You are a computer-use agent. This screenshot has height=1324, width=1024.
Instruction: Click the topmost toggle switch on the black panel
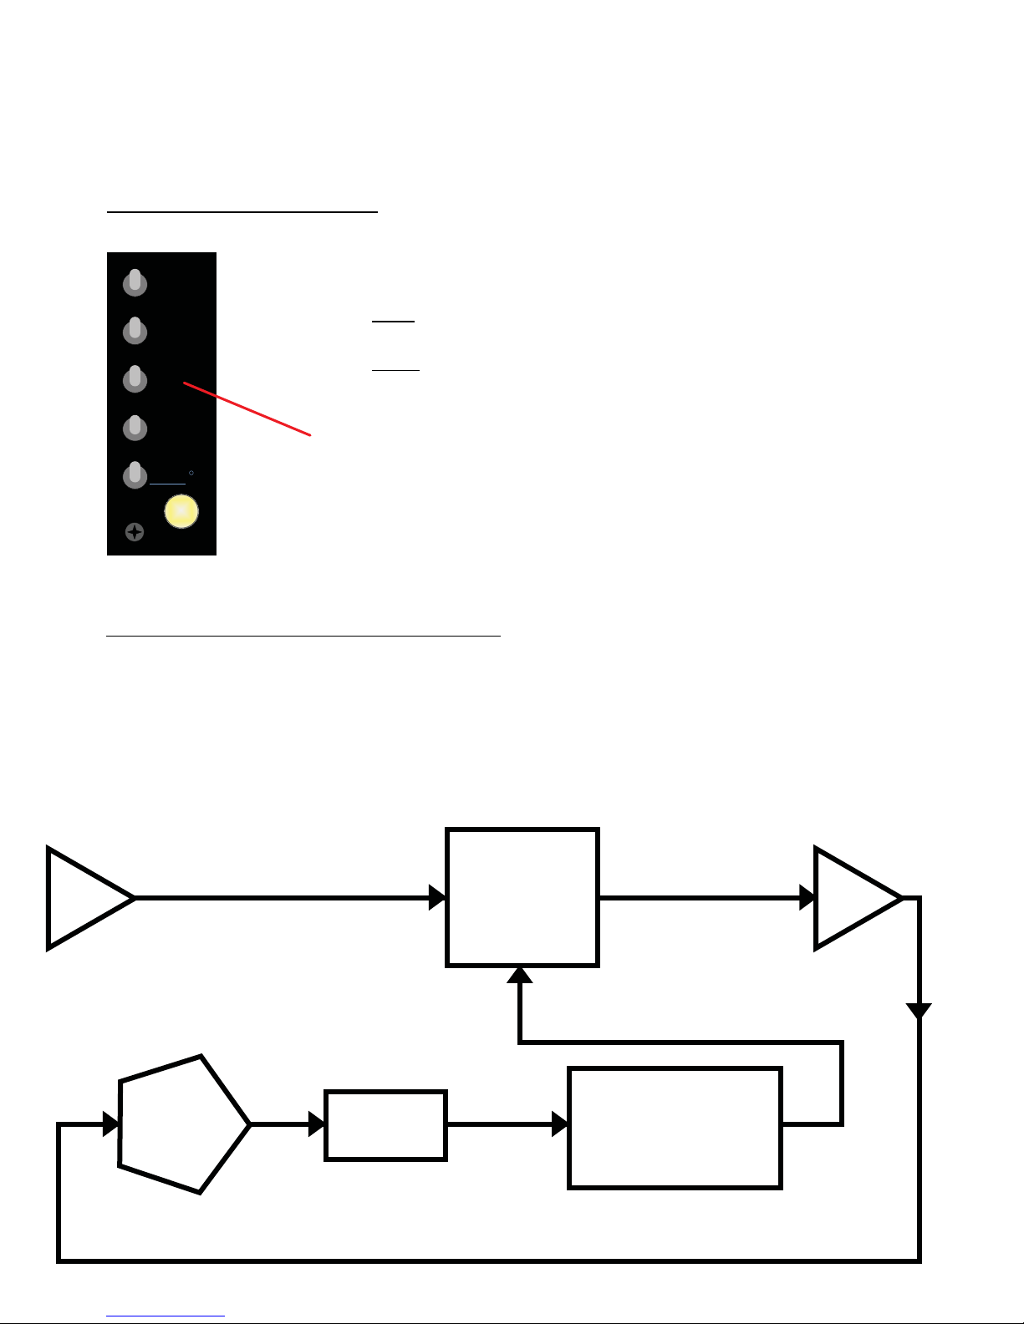point(135,283)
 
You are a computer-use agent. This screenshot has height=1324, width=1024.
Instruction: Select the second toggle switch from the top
point(135,331)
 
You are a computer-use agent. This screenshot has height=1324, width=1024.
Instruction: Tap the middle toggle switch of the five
point(135,379)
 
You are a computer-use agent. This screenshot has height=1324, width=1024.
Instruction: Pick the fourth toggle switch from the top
point(135,428)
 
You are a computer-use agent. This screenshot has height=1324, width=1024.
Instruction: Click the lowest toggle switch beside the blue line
point(135,475)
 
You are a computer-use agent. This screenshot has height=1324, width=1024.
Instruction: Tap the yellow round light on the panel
point(181,511)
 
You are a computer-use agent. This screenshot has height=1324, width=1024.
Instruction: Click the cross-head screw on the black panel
point(134,532)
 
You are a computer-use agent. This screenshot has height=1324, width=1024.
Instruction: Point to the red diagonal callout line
point(247,409)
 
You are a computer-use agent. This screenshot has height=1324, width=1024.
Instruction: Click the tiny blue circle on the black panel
point(191,473)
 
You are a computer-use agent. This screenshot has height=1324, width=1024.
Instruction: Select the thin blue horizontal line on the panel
point(167,484)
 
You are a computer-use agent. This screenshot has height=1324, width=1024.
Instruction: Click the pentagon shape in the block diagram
point(180,1124)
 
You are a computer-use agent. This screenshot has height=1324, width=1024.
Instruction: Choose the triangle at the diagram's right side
point(851,898)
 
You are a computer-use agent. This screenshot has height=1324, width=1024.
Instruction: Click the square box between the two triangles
point(522,897)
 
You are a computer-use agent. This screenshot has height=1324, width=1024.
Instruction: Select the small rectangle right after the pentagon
point(385,1125)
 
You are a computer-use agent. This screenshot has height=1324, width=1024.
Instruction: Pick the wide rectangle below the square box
point(675,1127)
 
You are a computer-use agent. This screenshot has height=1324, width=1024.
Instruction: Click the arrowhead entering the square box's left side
point(437,898)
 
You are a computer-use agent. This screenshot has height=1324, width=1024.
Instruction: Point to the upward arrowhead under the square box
point(520,975)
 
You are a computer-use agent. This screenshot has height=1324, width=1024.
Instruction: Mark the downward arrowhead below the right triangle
point(919,1011)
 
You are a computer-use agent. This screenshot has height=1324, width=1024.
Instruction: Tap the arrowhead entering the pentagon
point(111,1124)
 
